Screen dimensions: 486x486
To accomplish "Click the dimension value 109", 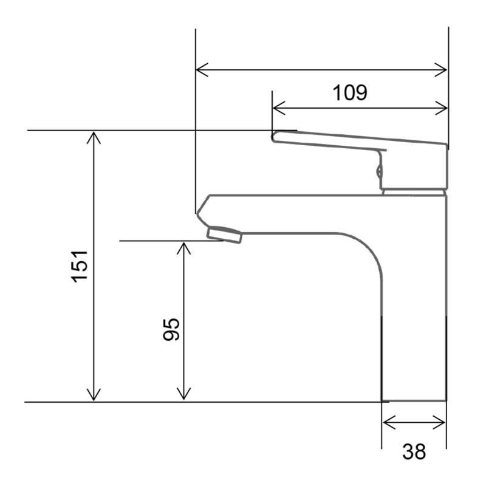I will [350, 93].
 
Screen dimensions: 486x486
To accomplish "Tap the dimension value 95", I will [171, 329].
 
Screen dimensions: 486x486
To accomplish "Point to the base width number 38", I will [414, 451].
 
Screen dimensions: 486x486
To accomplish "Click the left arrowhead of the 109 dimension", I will [278, 109].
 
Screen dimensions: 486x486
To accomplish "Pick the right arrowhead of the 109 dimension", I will [443, 109].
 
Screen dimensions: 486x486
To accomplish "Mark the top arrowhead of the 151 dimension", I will [93, 136].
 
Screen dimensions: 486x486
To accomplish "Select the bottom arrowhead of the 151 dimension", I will [93, 395].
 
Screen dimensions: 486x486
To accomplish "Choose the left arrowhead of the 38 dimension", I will [387, 422].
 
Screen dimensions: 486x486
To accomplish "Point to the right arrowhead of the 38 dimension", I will [441, 422].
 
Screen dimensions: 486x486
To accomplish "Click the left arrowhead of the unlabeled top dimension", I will [200, 70].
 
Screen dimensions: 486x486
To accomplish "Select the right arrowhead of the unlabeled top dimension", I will [443, 70].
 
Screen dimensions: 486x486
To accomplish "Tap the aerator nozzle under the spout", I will [224, 233].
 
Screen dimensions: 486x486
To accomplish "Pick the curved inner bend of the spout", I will [364, 249].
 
